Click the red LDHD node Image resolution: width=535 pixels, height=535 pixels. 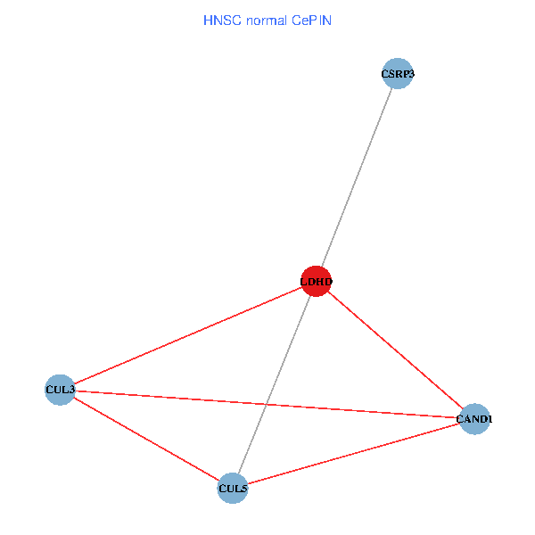[x=317, y=282]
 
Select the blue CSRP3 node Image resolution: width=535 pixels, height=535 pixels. [x=397, y=74]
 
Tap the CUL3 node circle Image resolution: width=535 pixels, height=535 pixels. [x=60, y=390]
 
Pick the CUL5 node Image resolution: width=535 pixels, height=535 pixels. [x=232, y=488]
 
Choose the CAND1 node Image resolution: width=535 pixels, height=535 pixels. [x=474, y=418]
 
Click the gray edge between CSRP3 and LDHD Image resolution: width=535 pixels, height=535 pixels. [x=357, y=178]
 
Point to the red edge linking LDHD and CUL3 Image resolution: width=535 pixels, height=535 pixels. [x=187, y=336]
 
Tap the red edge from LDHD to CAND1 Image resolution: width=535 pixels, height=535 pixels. [x=396, y=350]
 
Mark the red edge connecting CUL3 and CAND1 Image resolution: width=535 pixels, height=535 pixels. [x=357, y=410]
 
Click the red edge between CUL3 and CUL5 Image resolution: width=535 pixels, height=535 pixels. [x=145, y=439]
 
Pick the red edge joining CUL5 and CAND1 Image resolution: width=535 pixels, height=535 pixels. [x=353, y=453]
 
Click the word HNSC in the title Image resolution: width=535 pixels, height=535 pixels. [x=221, y=20]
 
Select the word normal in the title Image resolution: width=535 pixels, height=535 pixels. [x=267, y=20]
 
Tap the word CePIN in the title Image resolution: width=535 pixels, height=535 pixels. [x=311, y=20]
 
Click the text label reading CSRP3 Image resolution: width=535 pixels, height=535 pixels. [x=397, y=74]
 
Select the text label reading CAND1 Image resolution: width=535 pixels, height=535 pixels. [x=474, y=418]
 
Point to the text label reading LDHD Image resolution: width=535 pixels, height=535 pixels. [x=317, y=282]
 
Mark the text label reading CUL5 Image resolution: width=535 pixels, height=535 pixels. [x=232, y=488]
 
